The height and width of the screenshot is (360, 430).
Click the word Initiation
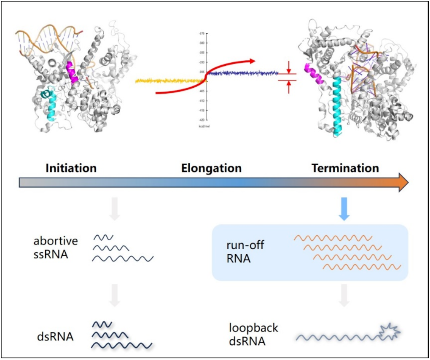(71, 168)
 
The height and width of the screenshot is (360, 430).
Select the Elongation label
(211, 168)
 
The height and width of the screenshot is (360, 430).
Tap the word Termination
(345, 168)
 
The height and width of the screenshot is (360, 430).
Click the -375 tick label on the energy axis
(202, 32)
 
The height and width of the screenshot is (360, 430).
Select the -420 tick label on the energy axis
(202, 120)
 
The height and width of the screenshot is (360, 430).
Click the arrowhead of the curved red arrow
(252, 61)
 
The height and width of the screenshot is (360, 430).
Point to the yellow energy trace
(169, 80)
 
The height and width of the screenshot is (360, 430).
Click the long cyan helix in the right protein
(337, 105)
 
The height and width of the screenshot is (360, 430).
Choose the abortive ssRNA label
(56, 247)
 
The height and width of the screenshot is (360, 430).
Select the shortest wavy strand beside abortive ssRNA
(103, 237)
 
